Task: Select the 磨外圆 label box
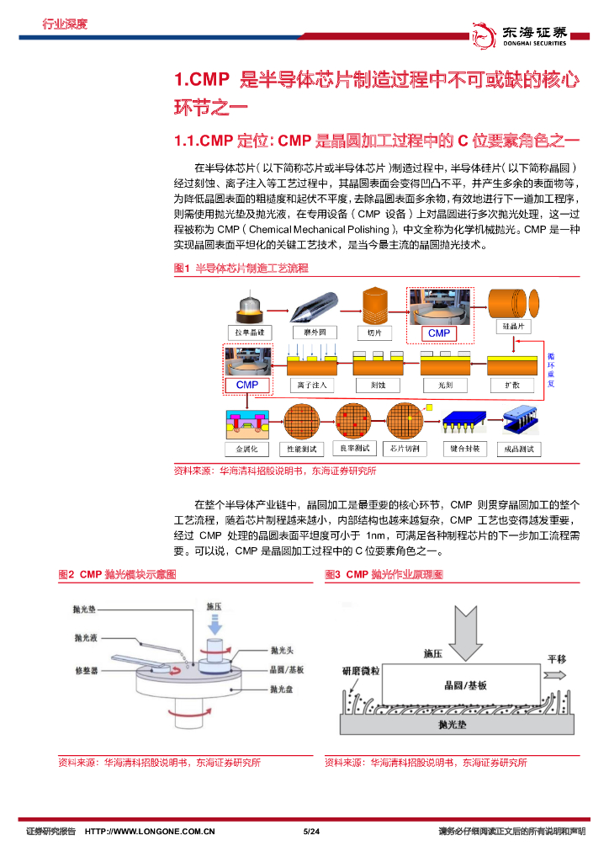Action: [310, 333]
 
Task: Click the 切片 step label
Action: [375, 333]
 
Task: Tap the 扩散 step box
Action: [512, 386]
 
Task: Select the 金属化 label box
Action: [247, 449]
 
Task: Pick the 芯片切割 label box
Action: [406, 449]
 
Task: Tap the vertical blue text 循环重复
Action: [552, 369]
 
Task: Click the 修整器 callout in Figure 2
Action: [87, 671]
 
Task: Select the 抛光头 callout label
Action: [281, 651]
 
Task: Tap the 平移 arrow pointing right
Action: [556, 673]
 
